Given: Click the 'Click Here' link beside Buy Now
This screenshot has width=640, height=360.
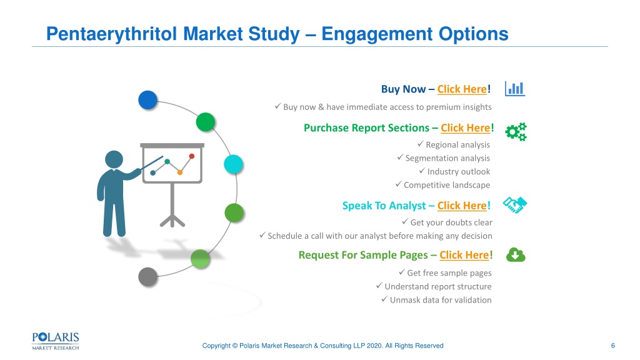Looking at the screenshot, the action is (462, 89).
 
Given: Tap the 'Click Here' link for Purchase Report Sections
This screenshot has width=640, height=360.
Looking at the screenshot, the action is (465, 127).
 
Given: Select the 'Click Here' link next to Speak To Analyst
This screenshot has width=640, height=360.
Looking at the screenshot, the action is (462, 206).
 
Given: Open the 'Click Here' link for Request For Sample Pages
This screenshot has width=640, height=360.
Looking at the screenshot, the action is (464, 255).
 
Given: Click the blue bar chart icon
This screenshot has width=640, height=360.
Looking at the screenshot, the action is (515, 89).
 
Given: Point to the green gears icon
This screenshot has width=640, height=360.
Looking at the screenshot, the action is (516, 132).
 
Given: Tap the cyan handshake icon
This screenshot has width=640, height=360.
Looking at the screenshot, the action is (515, 205).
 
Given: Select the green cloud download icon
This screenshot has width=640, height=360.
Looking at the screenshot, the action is (516, 255).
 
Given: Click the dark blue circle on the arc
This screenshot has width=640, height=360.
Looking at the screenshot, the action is (147, 100).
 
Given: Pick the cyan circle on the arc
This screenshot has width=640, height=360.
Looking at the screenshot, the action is (234, 164).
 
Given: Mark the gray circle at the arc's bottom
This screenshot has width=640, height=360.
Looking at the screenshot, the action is (147, 277).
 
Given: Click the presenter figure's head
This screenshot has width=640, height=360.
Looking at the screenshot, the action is (114, 159).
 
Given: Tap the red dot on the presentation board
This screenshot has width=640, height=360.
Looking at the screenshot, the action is (192, 156).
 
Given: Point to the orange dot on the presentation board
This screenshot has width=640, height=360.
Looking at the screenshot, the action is (179, 172).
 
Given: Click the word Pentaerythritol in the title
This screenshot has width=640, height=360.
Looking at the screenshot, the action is (112, 34).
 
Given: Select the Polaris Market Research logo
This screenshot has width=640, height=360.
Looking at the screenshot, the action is (56, 341).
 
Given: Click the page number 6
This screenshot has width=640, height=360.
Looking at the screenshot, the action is (612, 346).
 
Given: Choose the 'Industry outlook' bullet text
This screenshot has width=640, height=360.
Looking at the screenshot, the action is (458, 172).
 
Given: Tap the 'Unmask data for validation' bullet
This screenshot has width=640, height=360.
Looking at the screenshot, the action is (441, 300).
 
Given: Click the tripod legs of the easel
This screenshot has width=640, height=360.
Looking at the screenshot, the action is (172, 221).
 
